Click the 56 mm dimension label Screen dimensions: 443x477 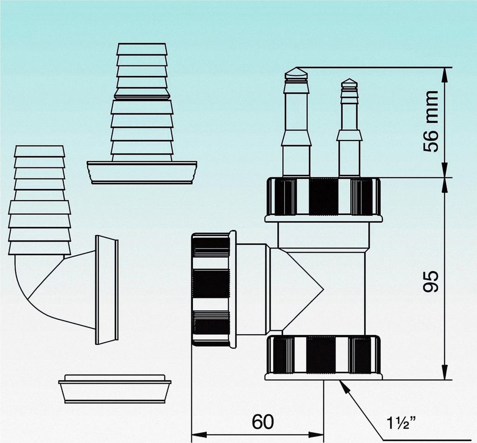[x=431, y=121]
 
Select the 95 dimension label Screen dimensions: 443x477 [x=431, y=280]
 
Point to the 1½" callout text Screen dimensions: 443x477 [x=401, y=423]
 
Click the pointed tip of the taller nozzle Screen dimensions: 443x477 [x=296, y=71]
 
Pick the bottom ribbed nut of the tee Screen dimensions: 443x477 [x=323, y=355]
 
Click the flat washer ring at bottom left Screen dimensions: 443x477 [x=115, y=389]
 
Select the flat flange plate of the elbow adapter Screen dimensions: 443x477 [x=107, y=289]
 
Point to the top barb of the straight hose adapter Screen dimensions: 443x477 [x=142, y=49]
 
